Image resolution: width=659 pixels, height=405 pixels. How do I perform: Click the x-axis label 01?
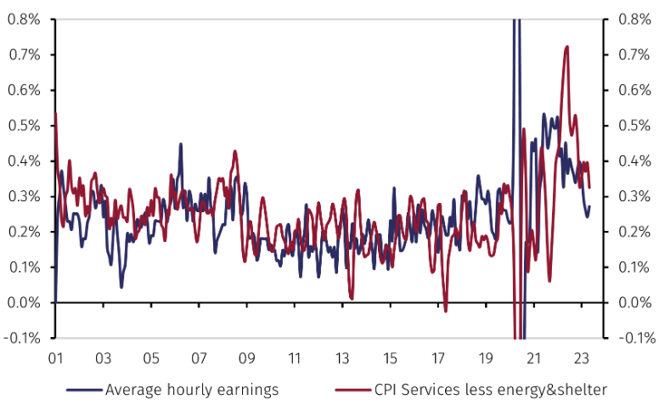[x=55, y=357]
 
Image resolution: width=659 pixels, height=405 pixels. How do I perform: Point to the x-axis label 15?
[x=390, y=357]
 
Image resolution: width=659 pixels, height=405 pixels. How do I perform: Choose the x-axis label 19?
[x=486, y=357]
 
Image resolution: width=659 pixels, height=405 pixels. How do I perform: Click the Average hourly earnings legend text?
[x=191, y=390]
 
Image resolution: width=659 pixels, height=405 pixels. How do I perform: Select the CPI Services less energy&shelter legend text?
[x=491, y=390]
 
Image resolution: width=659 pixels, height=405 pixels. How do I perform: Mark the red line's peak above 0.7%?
[x=566, y=47]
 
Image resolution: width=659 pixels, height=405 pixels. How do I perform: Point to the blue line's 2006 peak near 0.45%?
[x=180, y=144]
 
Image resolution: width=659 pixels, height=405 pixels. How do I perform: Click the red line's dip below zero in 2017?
[x=445, y=311]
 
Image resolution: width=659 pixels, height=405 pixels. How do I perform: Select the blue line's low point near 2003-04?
[x=121, y=286]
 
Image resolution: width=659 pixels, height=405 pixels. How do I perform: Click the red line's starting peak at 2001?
[x=56, y=113]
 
